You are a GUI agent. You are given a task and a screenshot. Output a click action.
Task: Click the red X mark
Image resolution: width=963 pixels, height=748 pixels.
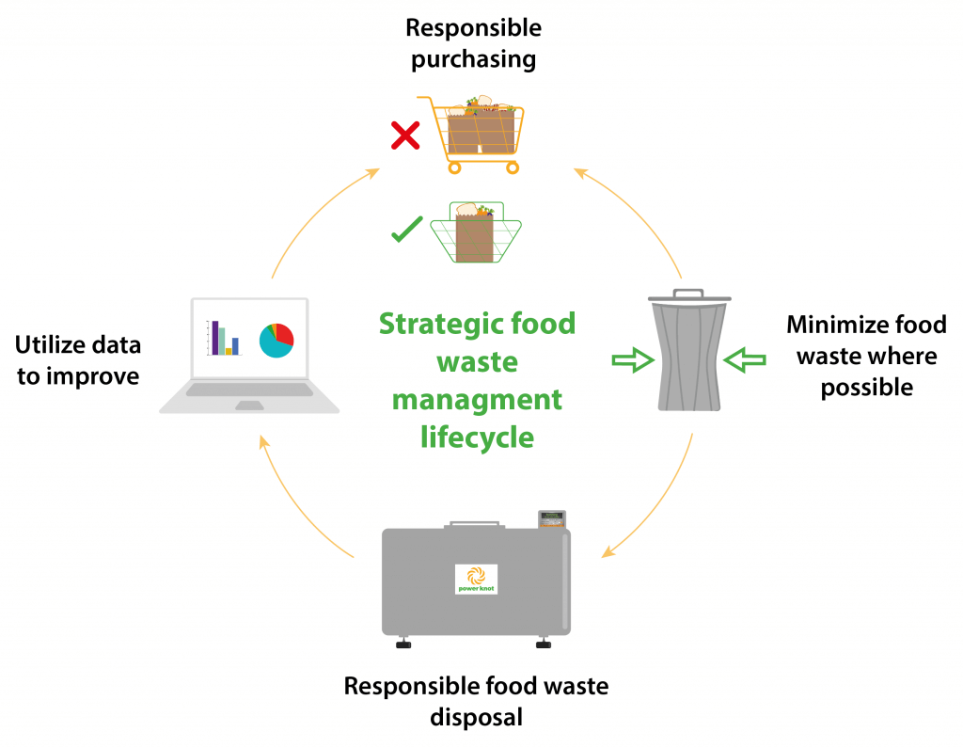404,137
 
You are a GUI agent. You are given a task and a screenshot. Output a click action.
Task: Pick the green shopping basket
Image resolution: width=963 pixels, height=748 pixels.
476,233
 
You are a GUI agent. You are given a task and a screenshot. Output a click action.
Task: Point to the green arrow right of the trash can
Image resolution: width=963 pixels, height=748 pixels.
747,358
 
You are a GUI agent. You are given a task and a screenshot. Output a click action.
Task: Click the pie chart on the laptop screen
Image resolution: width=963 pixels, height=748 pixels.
276,340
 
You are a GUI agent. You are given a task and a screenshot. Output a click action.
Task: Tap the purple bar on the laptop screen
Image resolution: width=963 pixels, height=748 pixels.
215,337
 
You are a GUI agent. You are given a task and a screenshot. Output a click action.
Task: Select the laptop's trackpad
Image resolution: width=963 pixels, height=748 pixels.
249,405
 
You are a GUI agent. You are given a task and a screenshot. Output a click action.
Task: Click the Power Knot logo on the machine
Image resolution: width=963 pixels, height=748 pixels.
476,579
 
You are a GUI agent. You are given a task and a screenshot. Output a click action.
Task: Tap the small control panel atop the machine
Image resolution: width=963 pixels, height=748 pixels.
551,518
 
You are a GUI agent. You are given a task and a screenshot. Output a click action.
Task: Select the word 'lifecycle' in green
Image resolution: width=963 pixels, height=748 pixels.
477,438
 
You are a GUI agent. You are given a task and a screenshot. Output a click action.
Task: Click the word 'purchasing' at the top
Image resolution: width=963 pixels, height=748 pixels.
473,59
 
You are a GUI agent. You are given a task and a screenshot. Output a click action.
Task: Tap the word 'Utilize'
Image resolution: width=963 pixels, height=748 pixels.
53,345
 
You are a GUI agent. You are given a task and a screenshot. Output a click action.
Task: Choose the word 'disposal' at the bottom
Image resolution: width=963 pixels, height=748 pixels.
476,717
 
